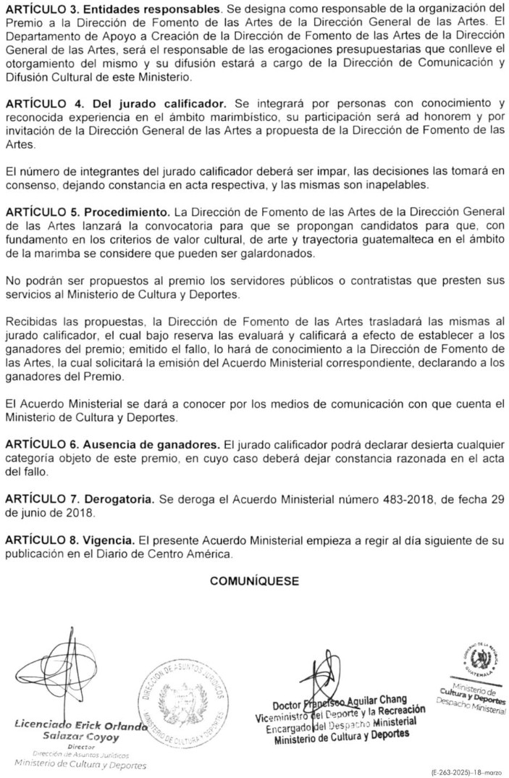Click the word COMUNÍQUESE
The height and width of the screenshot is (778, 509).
254,581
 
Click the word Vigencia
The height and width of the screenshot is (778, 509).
110,540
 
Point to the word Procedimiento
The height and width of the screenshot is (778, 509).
127,214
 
